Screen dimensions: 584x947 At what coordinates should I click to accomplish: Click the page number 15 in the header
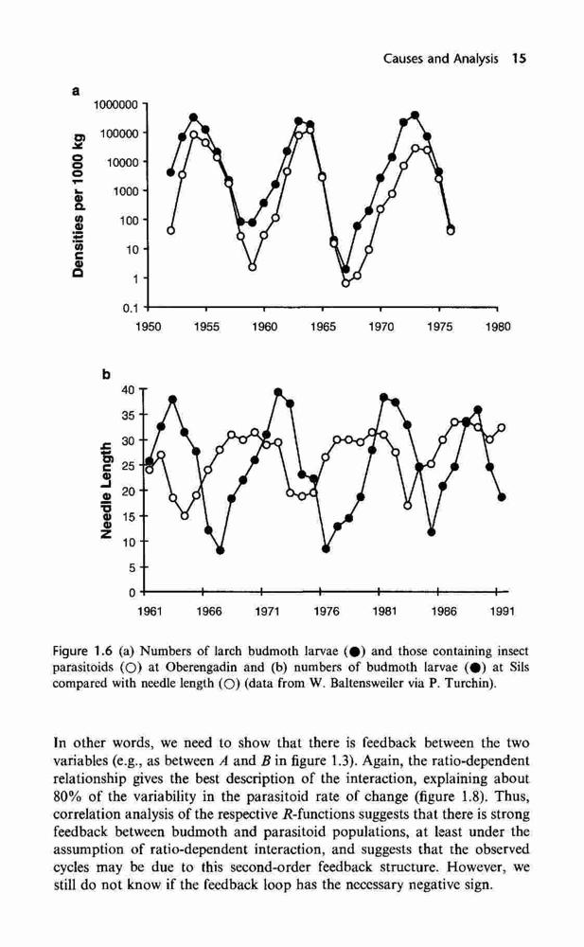(519, 59)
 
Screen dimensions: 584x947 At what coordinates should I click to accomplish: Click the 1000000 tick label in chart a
(116, 104)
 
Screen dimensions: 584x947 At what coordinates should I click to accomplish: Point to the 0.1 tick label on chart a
(131, 308)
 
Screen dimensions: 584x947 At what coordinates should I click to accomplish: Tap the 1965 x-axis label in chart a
(323, 327)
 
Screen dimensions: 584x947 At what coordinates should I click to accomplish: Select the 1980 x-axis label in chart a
(498, 327)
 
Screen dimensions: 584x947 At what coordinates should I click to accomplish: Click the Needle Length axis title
(106, 490)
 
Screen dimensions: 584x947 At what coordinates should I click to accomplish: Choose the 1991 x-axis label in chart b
(502, 612)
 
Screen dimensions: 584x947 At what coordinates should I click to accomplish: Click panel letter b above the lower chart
(106, 375)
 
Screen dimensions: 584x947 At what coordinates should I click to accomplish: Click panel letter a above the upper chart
(76, 92)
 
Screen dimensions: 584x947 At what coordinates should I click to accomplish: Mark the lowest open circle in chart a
(345, 282)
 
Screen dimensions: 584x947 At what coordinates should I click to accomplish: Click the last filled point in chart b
(502, 497)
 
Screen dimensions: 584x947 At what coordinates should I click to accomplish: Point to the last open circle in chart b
(502, 428)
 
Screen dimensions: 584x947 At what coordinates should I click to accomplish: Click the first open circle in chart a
(171, 230)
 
